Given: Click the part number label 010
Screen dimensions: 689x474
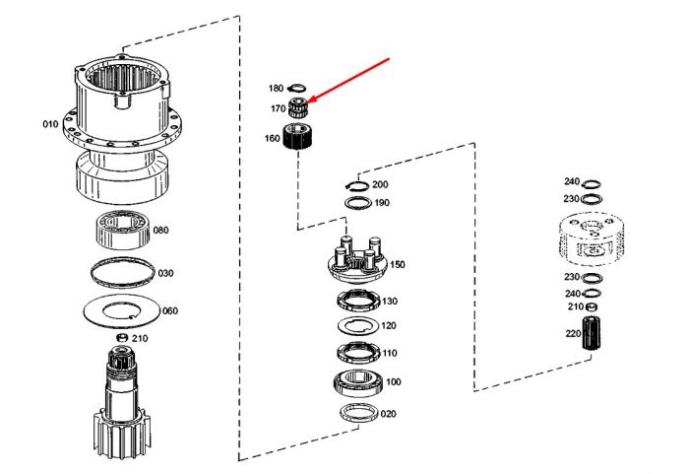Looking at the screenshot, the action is pos(50,124).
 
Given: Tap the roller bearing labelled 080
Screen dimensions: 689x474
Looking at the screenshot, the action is pos(123,230).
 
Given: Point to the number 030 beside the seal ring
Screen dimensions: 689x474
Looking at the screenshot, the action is pos(165,273).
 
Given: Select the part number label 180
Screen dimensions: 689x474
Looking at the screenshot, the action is pos(276,89).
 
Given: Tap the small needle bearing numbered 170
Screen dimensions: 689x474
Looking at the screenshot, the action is pos(297,107).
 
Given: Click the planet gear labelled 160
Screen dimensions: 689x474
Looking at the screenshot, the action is pos(296,137).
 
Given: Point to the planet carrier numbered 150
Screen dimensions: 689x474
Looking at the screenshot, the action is pos(357,259).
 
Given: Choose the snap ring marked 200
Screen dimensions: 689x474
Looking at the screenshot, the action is pos(356,186).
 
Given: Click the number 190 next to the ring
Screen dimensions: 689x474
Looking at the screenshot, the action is pos(382,203).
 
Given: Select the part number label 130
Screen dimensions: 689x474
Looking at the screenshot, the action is pos(390,301).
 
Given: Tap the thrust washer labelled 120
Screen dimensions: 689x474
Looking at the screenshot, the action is pos(358,325).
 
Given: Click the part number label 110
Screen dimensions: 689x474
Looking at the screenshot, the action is pos(390,353).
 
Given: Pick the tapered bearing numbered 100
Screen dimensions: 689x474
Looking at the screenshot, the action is pos(359,382).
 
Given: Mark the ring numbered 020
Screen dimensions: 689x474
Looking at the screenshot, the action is pos(359,413).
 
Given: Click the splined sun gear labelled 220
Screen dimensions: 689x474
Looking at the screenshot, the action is pos(592,333).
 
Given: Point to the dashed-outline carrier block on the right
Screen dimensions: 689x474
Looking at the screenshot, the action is pos(592,239).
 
